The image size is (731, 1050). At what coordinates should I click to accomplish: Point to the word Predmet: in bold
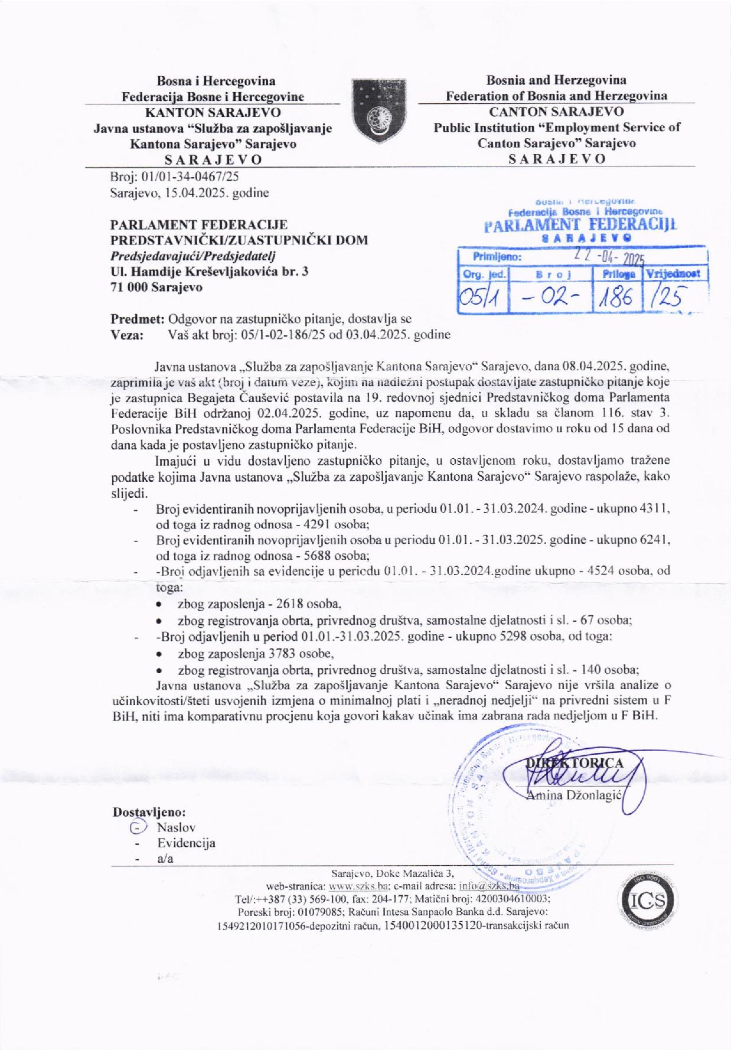tap(137, 319)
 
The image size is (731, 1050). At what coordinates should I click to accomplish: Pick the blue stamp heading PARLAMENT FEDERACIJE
tap(580, 224)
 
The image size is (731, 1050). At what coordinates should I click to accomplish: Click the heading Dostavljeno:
tap(149, 811)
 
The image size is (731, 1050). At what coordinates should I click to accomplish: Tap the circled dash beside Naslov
tap(137, 828)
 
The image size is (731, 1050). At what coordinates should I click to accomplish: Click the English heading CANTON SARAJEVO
tap(556, 111)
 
